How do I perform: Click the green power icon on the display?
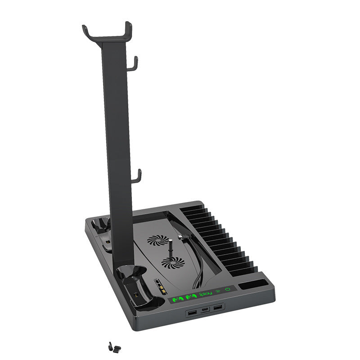[x=228, y=289]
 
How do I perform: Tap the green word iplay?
[x=205, y=294]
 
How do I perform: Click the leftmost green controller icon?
[x=177, y=298]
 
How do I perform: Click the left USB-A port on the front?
[x=192, y=312]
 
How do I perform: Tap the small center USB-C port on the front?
[x=205, y=310]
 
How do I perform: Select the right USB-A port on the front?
[x=218, y=307]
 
